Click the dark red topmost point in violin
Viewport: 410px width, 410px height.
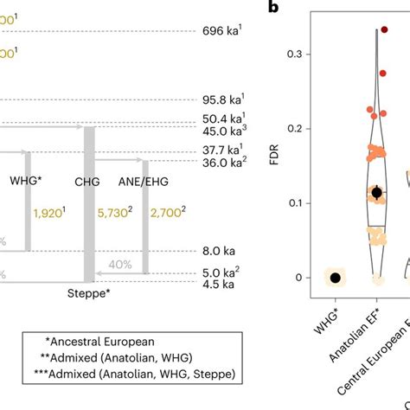click(x=382, y=29)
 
